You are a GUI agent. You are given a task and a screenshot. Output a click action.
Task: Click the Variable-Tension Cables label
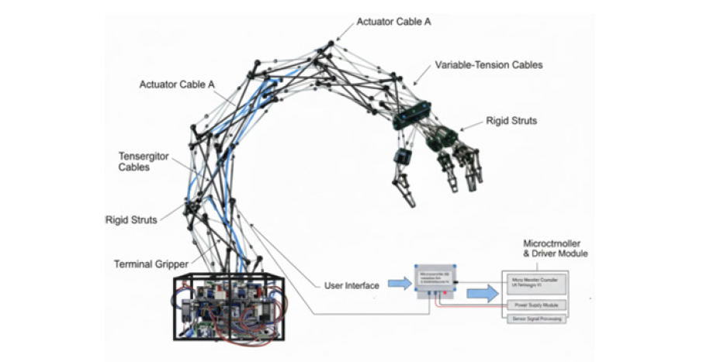[x=488, y=65]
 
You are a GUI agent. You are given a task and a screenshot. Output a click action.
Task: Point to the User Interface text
[x=352, y=286]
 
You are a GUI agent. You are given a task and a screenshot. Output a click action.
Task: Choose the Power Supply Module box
[x=535, y=305]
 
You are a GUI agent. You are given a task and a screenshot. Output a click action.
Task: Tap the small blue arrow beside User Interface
[x=400, y=284]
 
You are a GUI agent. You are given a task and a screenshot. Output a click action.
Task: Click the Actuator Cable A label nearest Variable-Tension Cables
[x=393, y=22]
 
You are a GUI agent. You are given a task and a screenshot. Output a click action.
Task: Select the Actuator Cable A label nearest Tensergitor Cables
[x=178, y=84]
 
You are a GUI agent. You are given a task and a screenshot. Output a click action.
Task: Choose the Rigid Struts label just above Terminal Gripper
[x=131, y=220]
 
